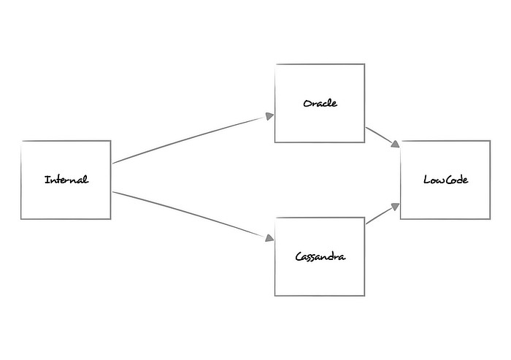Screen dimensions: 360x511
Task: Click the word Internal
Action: point(66,180)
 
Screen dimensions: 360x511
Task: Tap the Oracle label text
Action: point(320,103)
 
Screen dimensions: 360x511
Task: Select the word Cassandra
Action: point(320,256)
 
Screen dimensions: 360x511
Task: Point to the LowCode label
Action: point(445,180)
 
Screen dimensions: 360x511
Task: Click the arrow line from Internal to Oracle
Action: point(190,139)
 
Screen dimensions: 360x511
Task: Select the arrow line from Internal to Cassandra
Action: point(190,215)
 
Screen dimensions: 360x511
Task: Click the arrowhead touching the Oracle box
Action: point(269,115)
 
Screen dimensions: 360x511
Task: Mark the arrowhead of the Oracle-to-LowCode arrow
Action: point(396,145)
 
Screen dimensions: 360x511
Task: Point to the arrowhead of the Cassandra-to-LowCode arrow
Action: point(396,207)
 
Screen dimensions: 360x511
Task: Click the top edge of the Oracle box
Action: point(320,64)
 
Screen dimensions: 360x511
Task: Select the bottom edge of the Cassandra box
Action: point(320,295)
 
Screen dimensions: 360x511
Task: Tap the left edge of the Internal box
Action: point(21,180)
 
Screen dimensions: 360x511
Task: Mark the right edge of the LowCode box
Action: point(490,180)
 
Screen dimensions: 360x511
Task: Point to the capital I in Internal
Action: point(46,180)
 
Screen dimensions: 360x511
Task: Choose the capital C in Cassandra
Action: point(299,256)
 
